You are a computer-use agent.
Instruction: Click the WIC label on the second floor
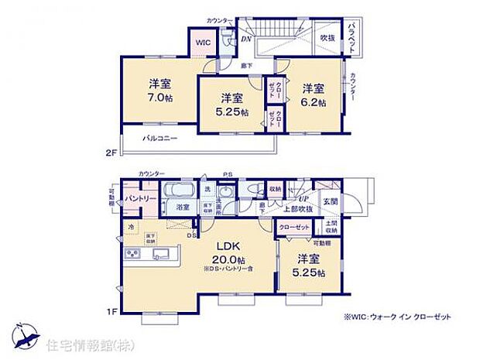pyautogui.click(x=202, y=42)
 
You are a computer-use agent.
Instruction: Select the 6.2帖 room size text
pyautogui.click(x=314, y=101)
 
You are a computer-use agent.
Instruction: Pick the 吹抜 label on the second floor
pyautogui.click(x=327, y=37)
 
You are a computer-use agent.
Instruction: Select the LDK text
pyautogui.click(x=228, y=246)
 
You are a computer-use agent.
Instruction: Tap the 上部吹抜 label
pyautogui.click(x=297, y=209)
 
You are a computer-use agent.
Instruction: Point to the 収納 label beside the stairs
pyautogui.click(x=276, y=189)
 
